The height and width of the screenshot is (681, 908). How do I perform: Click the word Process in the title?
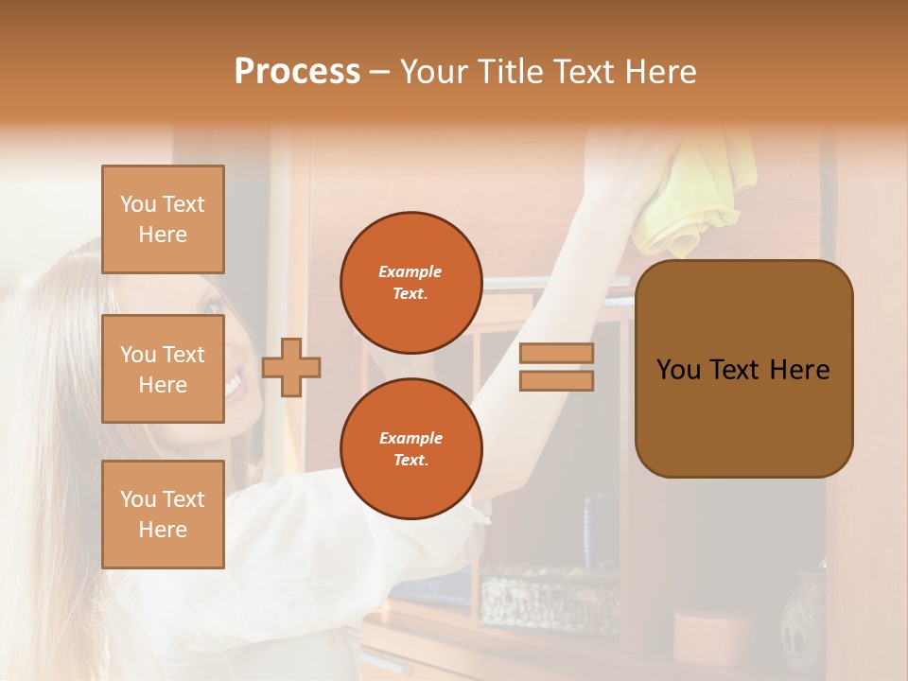pos(297,71)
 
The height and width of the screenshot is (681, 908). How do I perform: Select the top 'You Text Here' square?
pos(163,219)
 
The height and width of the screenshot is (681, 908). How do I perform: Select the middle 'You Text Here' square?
pos(163,369)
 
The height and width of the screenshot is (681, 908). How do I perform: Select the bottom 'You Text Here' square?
pos(163,514)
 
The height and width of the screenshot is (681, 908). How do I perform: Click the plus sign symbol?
pos(291,366)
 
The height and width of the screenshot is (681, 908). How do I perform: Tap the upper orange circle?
pos(410,283)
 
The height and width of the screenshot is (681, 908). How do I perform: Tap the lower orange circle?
pos(410,449)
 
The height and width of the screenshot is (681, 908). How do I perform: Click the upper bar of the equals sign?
pos(556,354)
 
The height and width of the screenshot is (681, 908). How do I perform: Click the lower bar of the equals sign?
pos(556,380)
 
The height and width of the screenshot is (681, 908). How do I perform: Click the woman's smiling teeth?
pos(233,384)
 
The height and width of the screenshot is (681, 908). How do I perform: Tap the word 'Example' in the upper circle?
pos(410,271)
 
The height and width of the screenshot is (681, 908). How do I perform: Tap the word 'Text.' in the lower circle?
pos(410,461)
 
